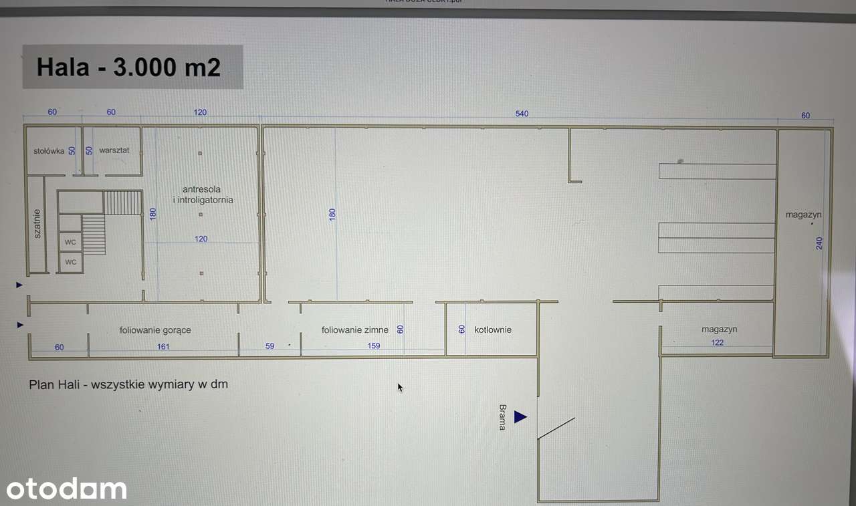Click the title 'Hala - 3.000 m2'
[128, 68]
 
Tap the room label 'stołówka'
[49, 151]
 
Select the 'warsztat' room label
[114, 150]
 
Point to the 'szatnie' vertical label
[37, 224]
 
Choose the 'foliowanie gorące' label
[155, 330]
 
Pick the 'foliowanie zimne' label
[354, 330]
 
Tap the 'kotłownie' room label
[493, 330]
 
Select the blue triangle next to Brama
[520, 418]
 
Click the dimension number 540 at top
[522, 114]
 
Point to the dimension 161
[163, 346]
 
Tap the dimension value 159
[373, 346]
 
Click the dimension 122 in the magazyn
[717, 343]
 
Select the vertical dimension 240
[819, 243]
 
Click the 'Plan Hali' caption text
[128, 384]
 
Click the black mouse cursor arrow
[400, 387]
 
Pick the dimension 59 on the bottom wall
[270, 346]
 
